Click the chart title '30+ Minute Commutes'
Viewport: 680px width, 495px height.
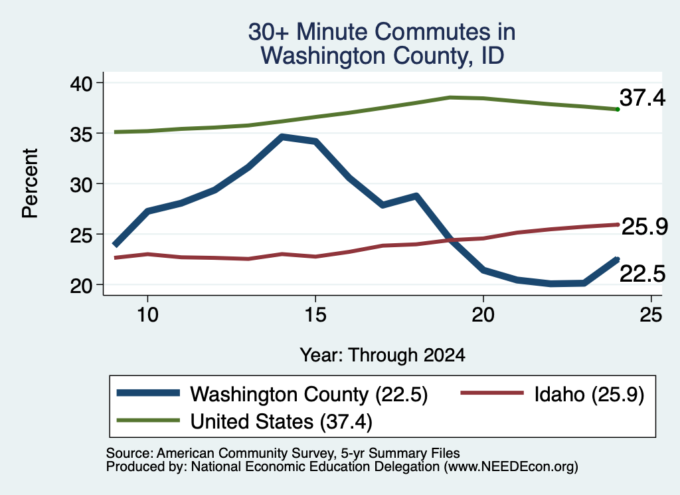tap(382, 32)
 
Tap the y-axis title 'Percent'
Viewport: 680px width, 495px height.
tap(30, 183)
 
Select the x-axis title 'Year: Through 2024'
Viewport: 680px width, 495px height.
tap(382, 355)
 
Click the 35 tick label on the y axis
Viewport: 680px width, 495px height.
tap(81, 134)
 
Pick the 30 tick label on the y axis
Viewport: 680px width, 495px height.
tap(81, 184)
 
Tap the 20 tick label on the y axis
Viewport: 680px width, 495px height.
tap(81, 286)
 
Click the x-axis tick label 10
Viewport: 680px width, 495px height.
tap(147, 314)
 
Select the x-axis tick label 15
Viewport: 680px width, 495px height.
tap(315, 314)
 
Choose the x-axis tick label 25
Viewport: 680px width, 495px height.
tap(651, 314)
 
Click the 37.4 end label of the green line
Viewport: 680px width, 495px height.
tap(642, 98)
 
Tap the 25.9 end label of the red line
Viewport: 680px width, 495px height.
tap(645, 227)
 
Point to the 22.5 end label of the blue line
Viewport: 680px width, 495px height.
tap(642, 274)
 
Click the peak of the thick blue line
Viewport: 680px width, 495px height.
tap(282, 137)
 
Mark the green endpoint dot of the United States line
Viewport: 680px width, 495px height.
tap(618, 110)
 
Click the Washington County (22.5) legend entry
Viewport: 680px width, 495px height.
tap(272, 394)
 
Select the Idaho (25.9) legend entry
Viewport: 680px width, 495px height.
tap(552, 394)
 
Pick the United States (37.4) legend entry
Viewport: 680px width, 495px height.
tap(244, 421)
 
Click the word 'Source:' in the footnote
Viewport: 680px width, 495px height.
tap(129, 453)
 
